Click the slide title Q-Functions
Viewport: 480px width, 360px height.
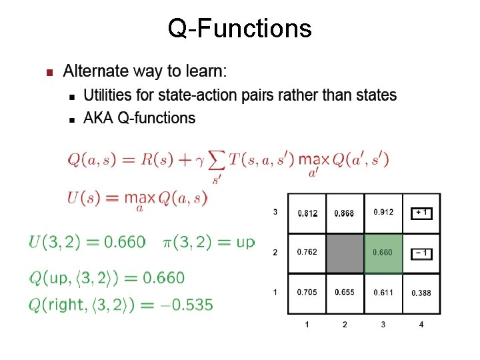click(239, 29)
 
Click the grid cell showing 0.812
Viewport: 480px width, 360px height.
click(307, 213)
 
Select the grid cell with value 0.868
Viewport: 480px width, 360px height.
click(345, 213)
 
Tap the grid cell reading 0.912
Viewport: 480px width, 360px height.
click(383, 213)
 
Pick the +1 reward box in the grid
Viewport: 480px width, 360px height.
click(421, 213)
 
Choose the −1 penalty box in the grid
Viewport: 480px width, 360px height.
click(421, 253)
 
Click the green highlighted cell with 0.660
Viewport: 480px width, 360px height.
click(383, 253)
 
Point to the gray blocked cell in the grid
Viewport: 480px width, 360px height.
click(345, 253)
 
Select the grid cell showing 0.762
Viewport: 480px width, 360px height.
click(307, 253)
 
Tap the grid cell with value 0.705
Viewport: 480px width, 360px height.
click(307, 293)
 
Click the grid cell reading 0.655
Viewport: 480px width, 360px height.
click(345, 293)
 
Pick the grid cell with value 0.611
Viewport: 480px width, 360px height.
click(383, 293)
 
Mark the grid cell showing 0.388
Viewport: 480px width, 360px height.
click(421, 293)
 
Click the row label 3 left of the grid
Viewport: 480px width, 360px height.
click(275, 213)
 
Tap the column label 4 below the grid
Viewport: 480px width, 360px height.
click(421, 325)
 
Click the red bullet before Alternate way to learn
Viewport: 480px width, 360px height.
click(47, 72)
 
